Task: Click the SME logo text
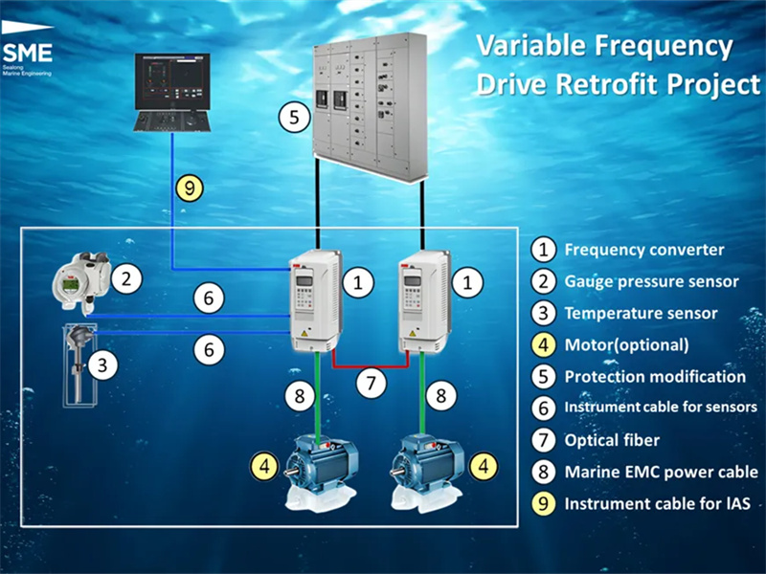tap(28, 53)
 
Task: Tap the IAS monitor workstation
tap(172, 92)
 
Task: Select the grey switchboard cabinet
tap(370, 106)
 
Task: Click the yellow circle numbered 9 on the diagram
tap(190, 188)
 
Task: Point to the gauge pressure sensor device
tap(81, 282)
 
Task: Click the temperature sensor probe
tap(79, 364)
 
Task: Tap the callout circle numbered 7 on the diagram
tap(371, 383)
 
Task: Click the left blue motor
tap(321, 471)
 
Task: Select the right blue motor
tap(426, 471)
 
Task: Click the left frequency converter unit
tap(315, 300)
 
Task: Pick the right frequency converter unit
tap(424, 300)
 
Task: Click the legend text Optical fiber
tap(612, 440)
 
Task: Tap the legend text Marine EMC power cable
tap(661, 472)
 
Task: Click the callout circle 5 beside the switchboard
tap(294, 117)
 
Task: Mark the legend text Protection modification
tap(655, 377)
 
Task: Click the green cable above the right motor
tap(422, 393)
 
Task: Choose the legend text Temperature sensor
tap(641, 314)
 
